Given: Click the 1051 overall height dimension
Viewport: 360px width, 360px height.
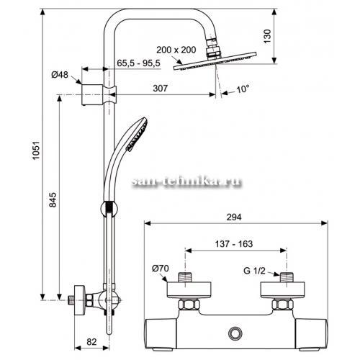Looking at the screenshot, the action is tap(36, 150).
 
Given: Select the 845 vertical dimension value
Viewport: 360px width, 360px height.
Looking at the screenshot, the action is tap(53, 199).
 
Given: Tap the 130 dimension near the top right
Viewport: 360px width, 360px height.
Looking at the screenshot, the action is tap(267, 36).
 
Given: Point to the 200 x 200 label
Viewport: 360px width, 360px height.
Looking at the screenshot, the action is tap(176, 50).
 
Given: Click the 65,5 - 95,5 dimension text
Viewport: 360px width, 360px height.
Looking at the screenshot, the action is tap(138, 63).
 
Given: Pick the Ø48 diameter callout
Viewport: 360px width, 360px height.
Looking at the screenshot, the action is tap(60, 75).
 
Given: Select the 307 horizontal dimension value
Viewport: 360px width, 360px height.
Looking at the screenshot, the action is tap(160, 89).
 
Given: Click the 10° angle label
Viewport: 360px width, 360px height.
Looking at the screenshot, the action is tap(243, 89).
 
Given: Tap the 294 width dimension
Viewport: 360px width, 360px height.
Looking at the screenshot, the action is tap(234, 217).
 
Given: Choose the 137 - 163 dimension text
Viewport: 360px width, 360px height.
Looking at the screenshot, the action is tap(234, 244).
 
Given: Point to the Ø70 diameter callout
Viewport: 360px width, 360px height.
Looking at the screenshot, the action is tap(161, 269).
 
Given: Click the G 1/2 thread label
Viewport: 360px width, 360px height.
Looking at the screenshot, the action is tap(254, 271).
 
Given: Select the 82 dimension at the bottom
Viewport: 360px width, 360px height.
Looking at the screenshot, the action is tap(91, 341).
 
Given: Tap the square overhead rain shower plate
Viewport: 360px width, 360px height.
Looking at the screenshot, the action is tap(215, 61).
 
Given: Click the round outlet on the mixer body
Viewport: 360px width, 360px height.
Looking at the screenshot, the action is tap(235, 334).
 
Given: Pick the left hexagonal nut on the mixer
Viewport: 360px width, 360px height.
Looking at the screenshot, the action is tap(189, 305).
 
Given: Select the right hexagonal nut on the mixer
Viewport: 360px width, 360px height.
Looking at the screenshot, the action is tap(283, 305).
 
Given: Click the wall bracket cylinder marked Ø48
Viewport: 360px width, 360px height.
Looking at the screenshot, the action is tap(92, 95).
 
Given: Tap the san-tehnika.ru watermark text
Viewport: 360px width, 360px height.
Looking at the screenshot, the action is tap(186, 182).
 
